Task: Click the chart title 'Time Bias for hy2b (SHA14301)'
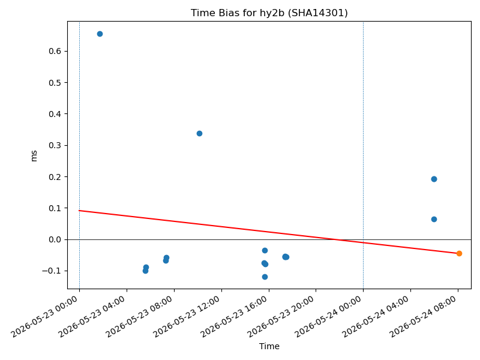(269, 13)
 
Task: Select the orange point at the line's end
(459, 253)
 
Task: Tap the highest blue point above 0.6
(100, 34)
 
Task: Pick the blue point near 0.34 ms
(199, 133)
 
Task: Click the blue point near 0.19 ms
(434, 179)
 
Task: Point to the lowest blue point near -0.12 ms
(265, 277)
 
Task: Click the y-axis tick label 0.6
(55, 51)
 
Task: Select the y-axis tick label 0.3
(55, 145)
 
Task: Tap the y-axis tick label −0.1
(52, 271)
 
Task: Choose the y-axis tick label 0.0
(55, 239)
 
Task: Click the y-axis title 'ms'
(34, 156)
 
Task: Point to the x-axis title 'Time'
(269, 346)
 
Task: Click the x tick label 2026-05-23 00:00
(45, 316)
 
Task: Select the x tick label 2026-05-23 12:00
(187, 316)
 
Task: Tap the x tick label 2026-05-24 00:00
(329, 316)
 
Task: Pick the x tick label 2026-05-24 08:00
(424, 316)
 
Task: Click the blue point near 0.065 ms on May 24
(434, 219)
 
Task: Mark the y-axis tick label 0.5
(55, 83)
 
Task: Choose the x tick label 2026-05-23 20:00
(281, 316)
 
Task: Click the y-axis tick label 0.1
(55, 208)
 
